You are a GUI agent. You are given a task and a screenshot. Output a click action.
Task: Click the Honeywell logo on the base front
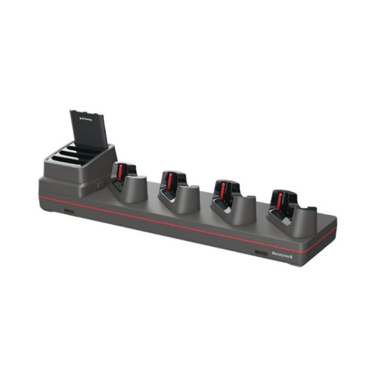coord(281,255)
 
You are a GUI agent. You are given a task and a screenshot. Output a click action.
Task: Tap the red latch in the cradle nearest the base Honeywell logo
coord(279,200)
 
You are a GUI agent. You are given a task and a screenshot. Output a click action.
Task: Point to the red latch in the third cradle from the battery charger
coord(221,190)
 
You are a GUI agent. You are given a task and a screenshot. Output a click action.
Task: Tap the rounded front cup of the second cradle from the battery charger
coord(187,198)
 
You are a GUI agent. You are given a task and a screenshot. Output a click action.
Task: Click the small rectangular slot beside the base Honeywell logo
coord(258,253)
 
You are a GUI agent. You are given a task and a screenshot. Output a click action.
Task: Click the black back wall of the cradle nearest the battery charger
coord(128,168)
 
